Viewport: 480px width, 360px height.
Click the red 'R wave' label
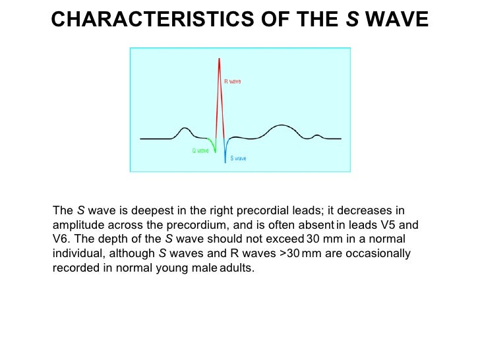pos(233,82)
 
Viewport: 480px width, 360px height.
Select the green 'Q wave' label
pos(200,150)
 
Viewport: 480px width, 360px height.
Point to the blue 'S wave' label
pos(238,158)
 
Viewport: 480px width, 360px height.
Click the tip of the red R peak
pos(218,57)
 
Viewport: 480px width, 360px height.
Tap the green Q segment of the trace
pos(211,144)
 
